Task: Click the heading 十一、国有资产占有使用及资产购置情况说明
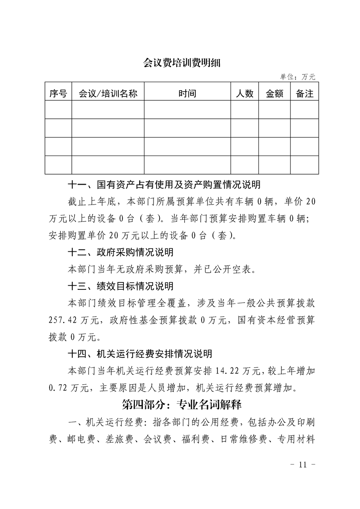163,185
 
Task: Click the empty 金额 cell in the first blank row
274,110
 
